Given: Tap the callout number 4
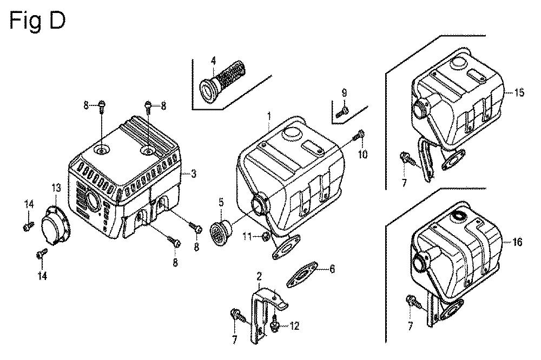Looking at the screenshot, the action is (213, 61).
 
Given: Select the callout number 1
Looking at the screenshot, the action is (269, 116).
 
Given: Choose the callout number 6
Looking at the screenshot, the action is (332, 269).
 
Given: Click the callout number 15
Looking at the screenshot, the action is (519, 92).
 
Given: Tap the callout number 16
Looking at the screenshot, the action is (517, 242).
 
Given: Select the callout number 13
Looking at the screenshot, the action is (56, 188).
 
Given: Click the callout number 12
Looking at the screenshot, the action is (294, 326).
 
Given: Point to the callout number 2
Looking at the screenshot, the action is (259, 276).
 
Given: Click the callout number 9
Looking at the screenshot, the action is (344, 93).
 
